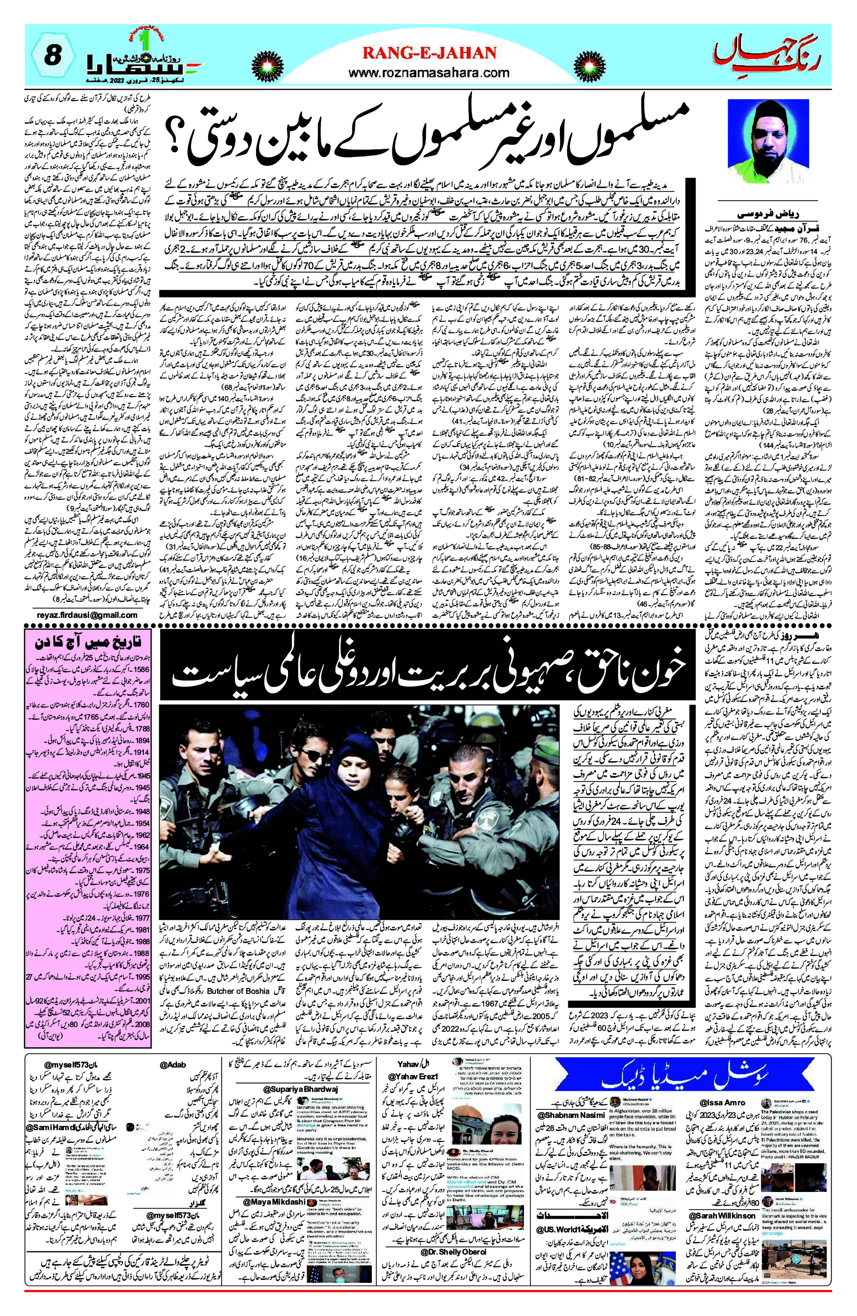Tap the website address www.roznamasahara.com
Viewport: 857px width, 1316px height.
click(429, 72)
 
